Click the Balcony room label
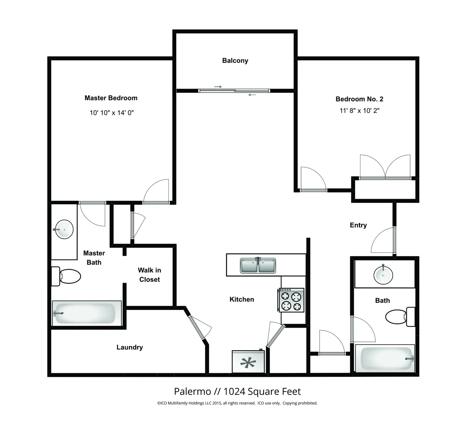pos(235,61)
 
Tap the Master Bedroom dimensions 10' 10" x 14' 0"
pos(111,113)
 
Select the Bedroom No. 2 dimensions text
pos(359,110)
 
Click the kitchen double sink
pos(258,266)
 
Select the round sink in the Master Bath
pos(64,229)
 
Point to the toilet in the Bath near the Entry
pos(400,317)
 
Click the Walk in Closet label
pos(149,275)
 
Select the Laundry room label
pos(129,347)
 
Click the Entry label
pos(358,225)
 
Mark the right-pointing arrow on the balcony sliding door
pos(218,87)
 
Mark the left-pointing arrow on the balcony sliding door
pos(252,95)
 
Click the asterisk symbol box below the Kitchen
pos(248,362)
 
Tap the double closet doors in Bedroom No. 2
pos(385,167)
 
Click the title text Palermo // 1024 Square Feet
pos(237,392)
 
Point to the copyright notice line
pos(237,403)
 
